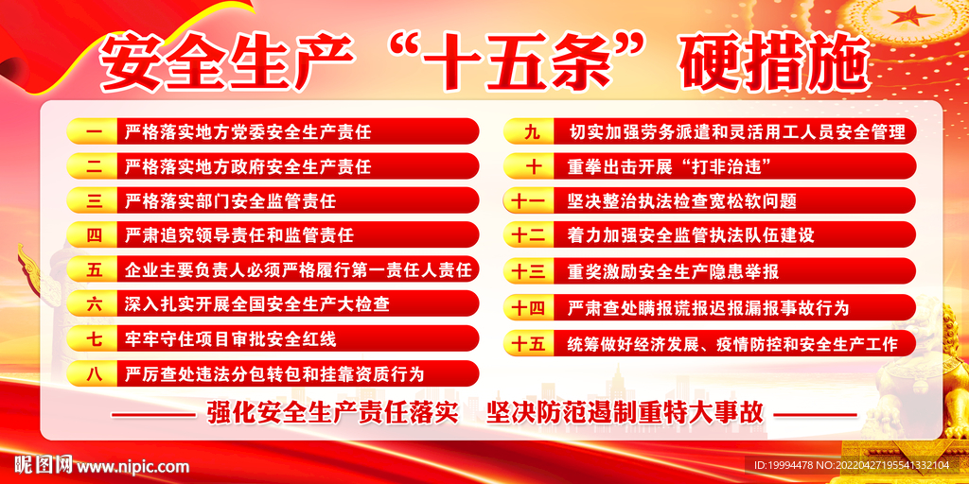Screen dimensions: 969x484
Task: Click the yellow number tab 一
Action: coord(93,131)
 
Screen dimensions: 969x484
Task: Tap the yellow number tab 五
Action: coord(93,269)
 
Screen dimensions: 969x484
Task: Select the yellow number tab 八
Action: coord(93,373)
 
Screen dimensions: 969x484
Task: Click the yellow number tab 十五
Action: coord(529,342)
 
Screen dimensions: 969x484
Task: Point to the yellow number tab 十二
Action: coord(529,235)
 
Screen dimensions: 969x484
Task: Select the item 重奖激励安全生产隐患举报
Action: coord(674,270)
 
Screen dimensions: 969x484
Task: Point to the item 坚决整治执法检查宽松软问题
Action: coord(682,200)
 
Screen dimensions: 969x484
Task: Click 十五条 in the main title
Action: coord(518,63)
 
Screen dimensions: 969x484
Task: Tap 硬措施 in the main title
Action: coord(776,63)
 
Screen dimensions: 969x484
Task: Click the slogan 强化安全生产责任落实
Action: coord(332,412)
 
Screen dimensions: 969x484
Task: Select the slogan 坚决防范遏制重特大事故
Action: coord(625,412)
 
